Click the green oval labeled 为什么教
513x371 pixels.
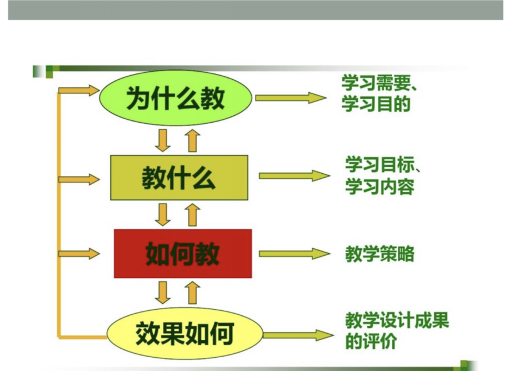[176, 97]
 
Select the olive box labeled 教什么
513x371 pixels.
[179, 177]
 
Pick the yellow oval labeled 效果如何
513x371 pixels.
[184, 333]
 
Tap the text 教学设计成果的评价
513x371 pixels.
[396, 331]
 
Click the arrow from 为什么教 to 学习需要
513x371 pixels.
[291, 97]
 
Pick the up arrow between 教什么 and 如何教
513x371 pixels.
[193, 214]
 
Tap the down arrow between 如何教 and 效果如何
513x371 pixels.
[163, 292]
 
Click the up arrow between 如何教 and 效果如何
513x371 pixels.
[193, 292]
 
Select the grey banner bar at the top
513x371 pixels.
[256, 10]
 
